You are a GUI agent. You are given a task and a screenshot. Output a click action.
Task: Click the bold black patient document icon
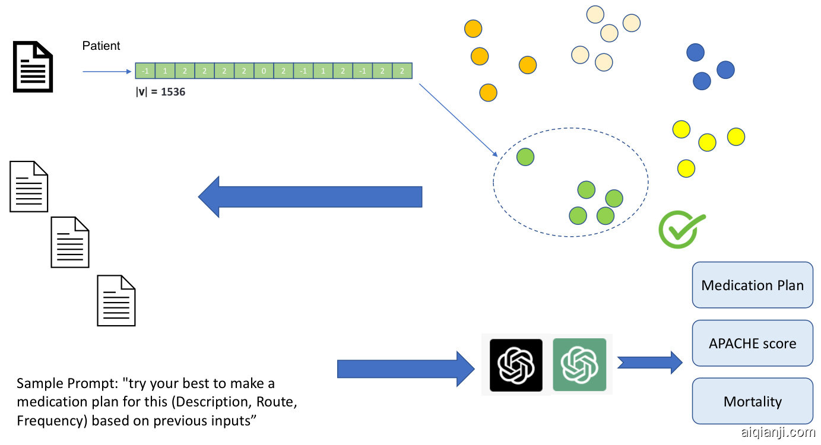pyautogui.click(x=33, y=66)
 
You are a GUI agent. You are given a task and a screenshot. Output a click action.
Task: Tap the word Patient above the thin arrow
pyautogui.click(x=101, y=46)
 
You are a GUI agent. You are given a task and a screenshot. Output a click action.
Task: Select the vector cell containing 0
pyautogui.click(x=264, y=71)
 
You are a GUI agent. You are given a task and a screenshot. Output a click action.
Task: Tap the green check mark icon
pyautogui.click(x=680, y=229)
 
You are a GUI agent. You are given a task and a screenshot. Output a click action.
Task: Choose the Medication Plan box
pyautogui.click(x=752, y=285)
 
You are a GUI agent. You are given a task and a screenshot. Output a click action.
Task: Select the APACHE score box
pyautogui.click(x=752, y=343)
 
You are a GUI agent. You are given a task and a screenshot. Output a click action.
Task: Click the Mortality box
pyautogui.click(x=752, y=401)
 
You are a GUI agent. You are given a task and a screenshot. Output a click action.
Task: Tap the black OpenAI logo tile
pyautogui.click(x=516, y=365)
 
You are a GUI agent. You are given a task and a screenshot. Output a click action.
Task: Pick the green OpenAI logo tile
pyautogui.click(x=579, y=365)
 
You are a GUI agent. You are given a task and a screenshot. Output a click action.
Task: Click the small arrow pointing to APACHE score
pyautogui.click(x=649, y=362)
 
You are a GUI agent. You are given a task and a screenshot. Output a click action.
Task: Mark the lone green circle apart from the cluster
pyautogui.click(x=525, y=157)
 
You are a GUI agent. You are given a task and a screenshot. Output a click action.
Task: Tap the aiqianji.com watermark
pyautogui.click(x=778, y=433)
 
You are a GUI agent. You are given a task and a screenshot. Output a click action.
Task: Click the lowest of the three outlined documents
pyautogui.click(x=116, y=300)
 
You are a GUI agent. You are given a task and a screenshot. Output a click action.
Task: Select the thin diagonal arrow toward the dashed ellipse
pyautogui.click(x=458, y=119)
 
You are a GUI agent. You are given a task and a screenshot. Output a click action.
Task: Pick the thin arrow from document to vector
pyautogui.click(x=106, y=72)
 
